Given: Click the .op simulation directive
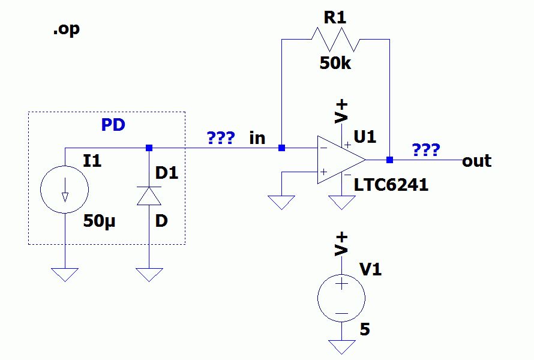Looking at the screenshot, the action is [x=67, y=30].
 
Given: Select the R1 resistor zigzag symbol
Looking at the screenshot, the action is [x=335, y=40].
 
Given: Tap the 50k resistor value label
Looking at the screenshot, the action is [x=335, y=63].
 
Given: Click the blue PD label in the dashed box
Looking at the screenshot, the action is [x=113, y=125].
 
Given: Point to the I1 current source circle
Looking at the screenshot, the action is [x=64, y=190].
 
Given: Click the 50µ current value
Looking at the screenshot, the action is [x=100, y=221].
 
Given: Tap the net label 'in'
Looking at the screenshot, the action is [x=257, y=138].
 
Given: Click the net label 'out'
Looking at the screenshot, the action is [x=476, y=161].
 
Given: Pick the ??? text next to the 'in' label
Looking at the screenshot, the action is [x=221, y=137].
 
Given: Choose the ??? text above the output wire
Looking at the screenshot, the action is [x=426, y=149].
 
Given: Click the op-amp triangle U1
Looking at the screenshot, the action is [x=341, y=160].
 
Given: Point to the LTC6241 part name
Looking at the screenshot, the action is [x=391, y=185].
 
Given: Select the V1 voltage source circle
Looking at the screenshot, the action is [x=341, y=298].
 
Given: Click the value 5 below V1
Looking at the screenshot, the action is [x=365, y=329].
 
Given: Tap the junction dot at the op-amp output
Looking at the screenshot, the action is [x=389, y=160].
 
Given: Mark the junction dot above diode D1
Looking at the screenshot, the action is [x=149, y=148].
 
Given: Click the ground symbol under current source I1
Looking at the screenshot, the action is [x=65, y=275].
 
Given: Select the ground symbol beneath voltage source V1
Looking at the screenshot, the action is [x=341, y=347].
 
